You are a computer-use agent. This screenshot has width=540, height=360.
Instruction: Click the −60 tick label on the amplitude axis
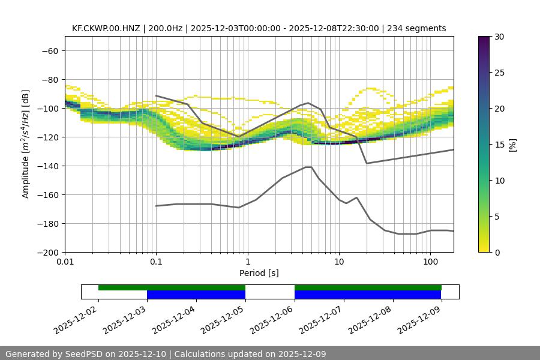(49, 50)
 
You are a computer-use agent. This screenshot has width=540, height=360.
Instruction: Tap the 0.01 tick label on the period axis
(65, 262)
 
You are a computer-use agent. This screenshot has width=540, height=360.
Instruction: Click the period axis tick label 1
(248, 262)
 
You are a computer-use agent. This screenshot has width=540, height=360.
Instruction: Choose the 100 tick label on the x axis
(430, 262)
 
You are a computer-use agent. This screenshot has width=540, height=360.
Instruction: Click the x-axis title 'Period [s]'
(259, 273)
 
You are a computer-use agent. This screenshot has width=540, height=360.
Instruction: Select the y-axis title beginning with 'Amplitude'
(26, 144)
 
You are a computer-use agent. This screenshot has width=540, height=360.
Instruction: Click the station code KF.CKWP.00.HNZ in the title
(106, 28)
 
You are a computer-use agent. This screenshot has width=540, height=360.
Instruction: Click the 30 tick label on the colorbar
(499, 37)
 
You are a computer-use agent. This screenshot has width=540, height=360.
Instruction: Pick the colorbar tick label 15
(499, 145)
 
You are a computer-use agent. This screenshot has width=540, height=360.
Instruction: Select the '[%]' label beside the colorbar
(512, 145)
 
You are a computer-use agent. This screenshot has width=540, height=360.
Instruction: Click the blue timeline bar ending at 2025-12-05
(196, 295)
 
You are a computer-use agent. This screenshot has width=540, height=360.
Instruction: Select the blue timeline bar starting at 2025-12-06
(368, 295)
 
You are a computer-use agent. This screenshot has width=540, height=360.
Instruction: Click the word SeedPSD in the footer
(91, 354)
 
